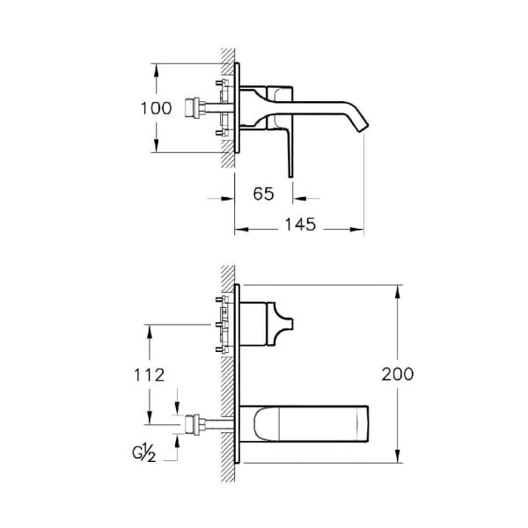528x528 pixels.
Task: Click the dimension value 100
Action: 156,109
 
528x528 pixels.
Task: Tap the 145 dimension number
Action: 300,225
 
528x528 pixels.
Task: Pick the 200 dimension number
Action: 397,373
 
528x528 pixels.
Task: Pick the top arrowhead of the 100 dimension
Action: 156,68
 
